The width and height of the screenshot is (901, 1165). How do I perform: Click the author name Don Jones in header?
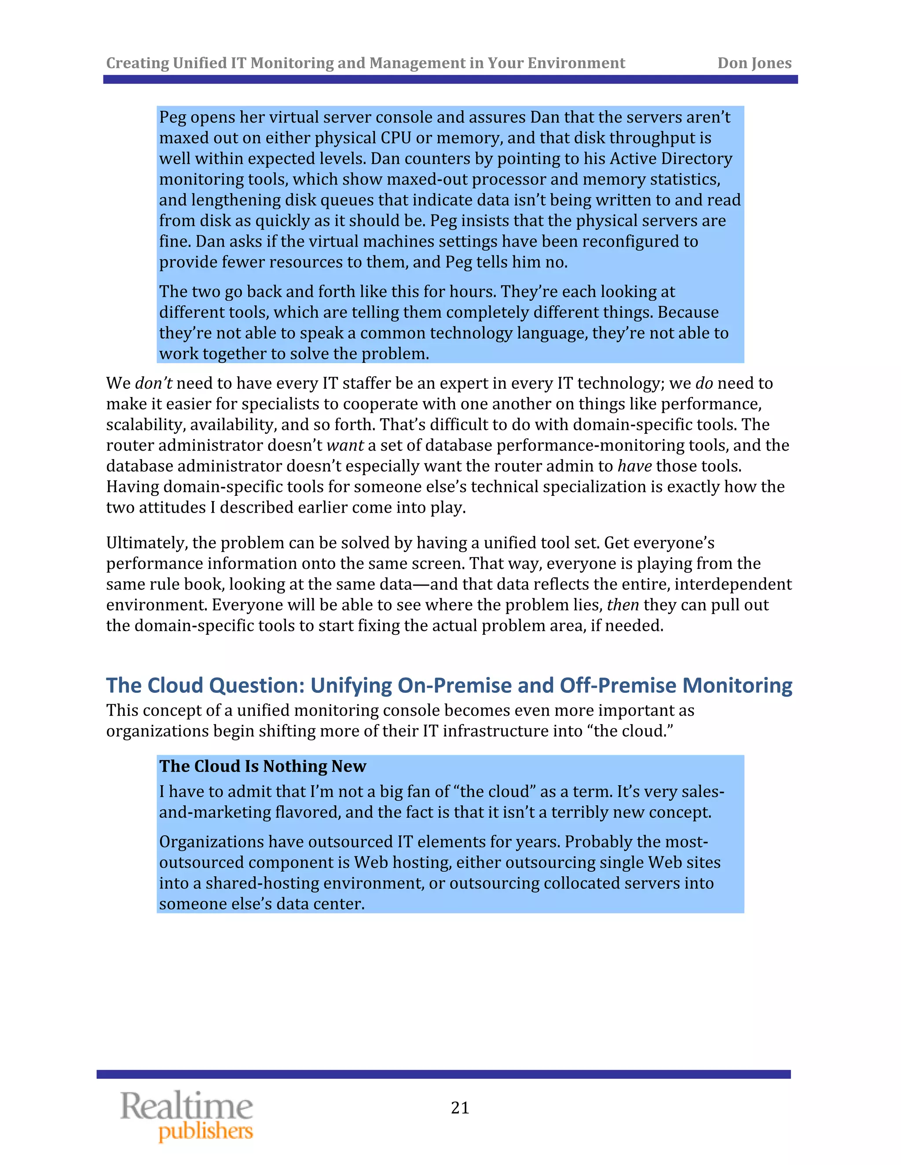coord(754,63)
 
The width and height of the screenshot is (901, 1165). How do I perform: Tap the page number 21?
coord(460,1108)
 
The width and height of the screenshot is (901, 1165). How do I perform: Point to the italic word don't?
coord(153,383)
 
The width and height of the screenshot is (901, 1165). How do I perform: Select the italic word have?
coord(635,466)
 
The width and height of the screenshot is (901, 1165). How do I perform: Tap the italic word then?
coord(623,605)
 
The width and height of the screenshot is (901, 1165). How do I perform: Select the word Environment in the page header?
coord(576,63)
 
